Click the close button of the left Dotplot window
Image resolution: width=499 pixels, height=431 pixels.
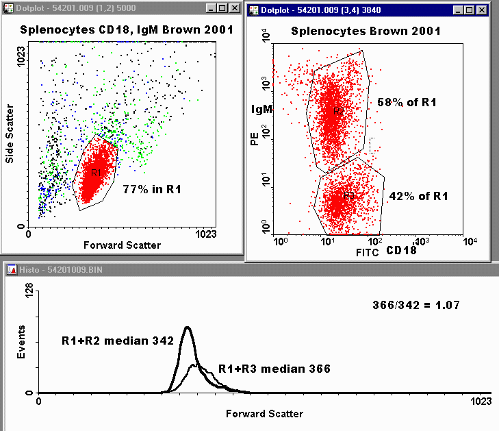coord(235,8)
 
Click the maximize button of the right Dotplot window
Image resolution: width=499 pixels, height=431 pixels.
coord(468,10)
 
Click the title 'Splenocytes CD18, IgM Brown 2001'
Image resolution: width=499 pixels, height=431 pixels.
coord(127,29)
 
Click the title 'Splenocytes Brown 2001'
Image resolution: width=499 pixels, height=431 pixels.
coord(366,31)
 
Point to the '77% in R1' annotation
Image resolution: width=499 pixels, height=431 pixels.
coord(152,188)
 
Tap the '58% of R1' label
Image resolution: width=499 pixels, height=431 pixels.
coord(407,103)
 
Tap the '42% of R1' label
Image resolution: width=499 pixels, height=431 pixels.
coord(418,196)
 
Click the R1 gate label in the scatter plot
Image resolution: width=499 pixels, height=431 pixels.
coord(96,172)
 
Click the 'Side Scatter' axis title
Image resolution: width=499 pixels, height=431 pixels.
coord(10,134)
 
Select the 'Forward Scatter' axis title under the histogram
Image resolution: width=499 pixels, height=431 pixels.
coord(264,413)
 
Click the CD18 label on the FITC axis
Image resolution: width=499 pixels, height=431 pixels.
coord(402,251)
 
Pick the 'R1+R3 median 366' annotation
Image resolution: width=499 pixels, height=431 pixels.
coord(274,369)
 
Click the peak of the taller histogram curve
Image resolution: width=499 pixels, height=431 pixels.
coord(187,328)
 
